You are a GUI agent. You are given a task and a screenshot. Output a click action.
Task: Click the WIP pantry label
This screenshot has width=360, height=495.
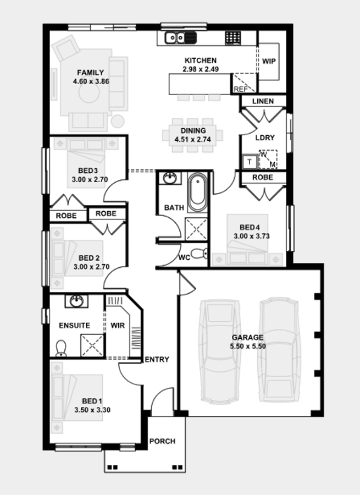point(269,61)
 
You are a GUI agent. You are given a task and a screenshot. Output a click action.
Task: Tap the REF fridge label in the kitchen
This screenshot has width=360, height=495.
point(240,89)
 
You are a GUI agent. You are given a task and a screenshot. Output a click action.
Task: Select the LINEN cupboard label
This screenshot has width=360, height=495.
point(263,102)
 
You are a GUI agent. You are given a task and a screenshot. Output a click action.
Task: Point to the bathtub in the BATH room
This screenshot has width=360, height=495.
point(198,192)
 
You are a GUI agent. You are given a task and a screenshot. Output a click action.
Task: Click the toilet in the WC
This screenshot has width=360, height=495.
point(202,254)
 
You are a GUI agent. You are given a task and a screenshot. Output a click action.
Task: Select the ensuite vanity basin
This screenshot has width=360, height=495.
point(76,301)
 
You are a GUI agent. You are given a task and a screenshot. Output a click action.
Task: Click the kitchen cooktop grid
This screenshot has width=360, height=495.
point(233,37)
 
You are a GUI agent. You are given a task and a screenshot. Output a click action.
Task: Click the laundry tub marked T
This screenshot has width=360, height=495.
point(249,162)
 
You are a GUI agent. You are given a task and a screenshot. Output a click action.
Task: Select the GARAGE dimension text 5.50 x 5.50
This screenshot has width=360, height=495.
point(247,346)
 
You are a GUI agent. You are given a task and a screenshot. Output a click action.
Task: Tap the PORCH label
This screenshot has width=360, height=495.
point(163,441)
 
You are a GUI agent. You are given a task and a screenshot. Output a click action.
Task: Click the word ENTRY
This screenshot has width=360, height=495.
point(157,360)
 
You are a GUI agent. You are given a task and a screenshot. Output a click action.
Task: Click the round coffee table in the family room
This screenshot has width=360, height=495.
point(90,94)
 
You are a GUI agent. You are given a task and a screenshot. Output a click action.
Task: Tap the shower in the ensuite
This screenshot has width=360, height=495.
point(91,345)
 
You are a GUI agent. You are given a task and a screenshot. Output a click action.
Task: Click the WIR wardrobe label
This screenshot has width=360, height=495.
point(118,326)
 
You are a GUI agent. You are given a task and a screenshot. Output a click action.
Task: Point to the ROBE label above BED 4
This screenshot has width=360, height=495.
point(263,178)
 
